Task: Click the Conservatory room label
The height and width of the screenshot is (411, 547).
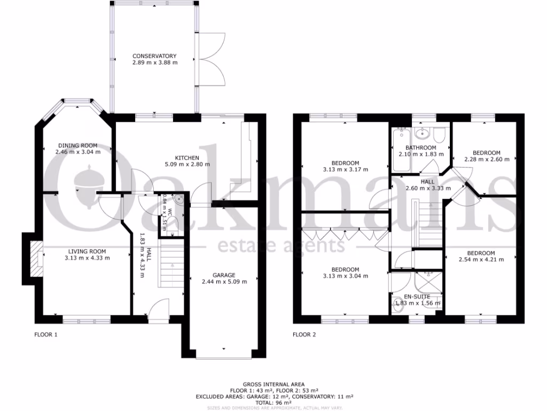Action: click(154, 56)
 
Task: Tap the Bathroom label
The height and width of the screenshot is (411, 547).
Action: click(420, 148)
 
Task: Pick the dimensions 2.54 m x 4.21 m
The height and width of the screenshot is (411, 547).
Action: click(481, 260)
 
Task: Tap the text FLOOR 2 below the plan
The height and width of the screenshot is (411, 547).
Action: click(304, 336)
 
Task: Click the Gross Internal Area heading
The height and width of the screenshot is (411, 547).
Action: click(273, 384)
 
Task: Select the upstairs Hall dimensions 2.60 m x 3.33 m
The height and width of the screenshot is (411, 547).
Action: click(427, 188)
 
